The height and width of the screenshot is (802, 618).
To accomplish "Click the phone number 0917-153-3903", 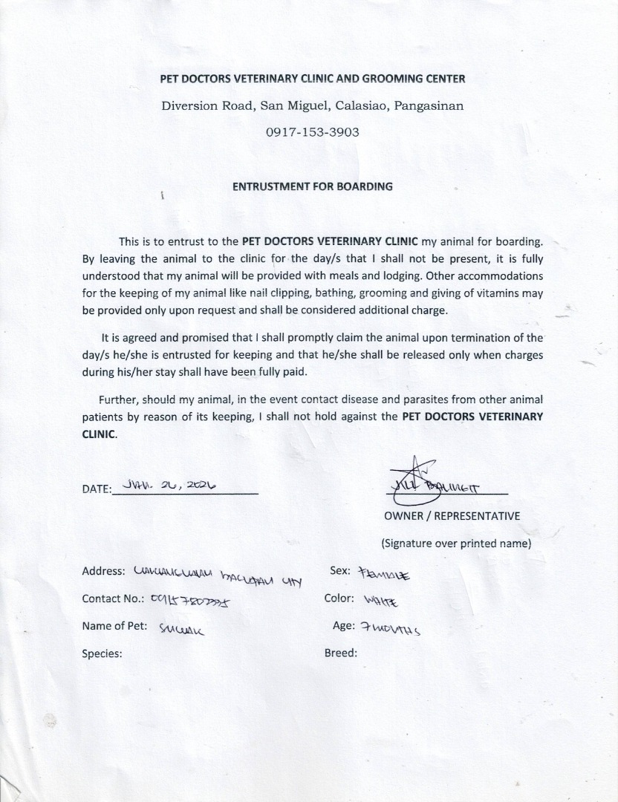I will [312, 132].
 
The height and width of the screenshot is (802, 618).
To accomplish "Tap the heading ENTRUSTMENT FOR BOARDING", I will [312, 186].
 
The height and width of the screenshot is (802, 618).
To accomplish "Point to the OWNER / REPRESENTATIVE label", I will [452, 516].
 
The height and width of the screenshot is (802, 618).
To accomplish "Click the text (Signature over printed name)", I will [456, 543].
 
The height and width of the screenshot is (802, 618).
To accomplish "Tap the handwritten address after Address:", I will [218, 576].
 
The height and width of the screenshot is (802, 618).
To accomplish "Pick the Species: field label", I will [102, 653].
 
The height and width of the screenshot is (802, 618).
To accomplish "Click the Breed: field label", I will [341, 653].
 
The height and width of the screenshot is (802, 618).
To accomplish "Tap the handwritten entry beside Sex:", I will [384, 574].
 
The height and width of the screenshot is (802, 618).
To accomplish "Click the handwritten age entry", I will [390, 629].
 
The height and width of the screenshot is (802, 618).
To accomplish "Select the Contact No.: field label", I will [112, 599].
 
